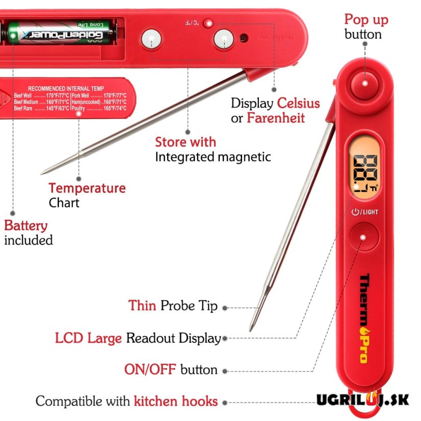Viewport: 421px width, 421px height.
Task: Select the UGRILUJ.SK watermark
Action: [362, 399]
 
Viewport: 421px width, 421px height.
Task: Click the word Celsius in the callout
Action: [298, 103]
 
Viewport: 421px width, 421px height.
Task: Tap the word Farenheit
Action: [276, 118]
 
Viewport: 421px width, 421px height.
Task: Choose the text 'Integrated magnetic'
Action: [213, 157]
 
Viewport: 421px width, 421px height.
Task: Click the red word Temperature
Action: [87, 188]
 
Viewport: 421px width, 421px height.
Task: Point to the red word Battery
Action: [26, 225]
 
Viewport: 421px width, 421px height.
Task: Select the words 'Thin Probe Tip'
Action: [173, 306]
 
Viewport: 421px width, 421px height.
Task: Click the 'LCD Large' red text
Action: [88, 338]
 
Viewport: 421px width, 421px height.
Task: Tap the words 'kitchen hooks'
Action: [176, 401]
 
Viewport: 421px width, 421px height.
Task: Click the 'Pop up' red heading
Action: [366, 20]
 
